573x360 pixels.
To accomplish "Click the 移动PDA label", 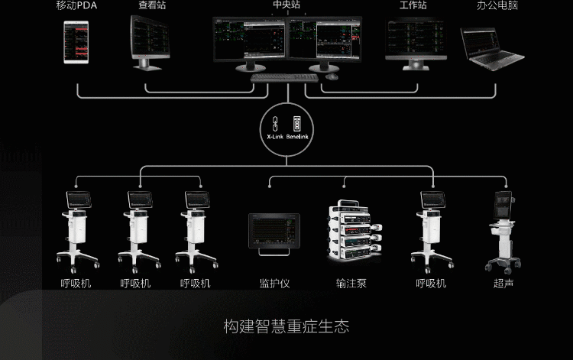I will (x=76, y=6).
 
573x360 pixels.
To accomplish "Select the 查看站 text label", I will (x=152, y=6).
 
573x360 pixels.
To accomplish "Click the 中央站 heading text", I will (x=287, y=6).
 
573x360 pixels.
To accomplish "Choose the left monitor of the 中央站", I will (x=249, y=41).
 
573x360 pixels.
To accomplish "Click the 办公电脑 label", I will (x=497, y=6).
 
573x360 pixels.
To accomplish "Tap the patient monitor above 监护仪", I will (x=274, y=231).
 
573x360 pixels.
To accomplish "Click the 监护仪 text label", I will (x=274, y=284).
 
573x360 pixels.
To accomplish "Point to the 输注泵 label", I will (x=351, y=284).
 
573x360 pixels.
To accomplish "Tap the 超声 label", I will (x=502, y=284).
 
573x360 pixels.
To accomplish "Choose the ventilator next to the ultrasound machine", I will (x=432, y=229).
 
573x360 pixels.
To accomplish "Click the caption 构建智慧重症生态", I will (x=286, y=327).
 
